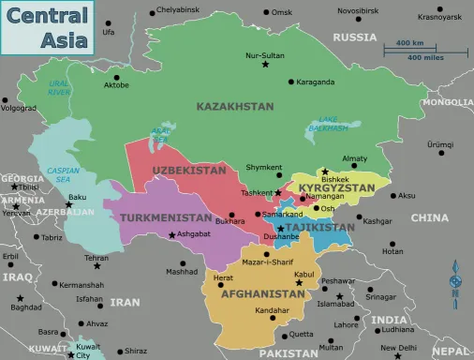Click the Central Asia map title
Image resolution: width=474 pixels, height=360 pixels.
(49, 27)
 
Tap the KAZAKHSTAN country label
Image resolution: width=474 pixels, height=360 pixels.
(235, 107)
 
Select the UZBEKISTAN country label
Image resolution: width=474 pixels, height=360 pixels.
(188, 171)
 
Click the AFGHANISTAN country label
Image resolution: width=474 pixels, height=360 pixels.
(264, 292)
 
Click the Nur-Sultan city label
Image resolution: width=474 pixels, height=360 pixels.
(264, 55)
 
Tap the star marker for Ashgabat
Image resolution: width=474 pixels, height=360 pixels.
(170, 235)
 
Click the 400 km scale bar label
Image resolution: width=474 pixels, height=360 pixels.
(409, 43)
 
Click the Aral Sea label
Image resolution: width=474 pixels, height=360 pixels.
(160, 134)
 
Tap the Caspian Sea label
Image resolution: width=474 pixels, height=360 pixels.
(58, 175)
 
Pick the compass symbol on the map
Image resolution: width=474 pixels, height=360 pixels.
(456, 281)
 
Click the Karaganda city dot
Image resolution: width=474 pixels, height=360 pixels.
(289, 82)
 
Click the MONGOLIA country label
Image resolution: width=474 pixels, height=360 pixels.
(447, 101)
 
